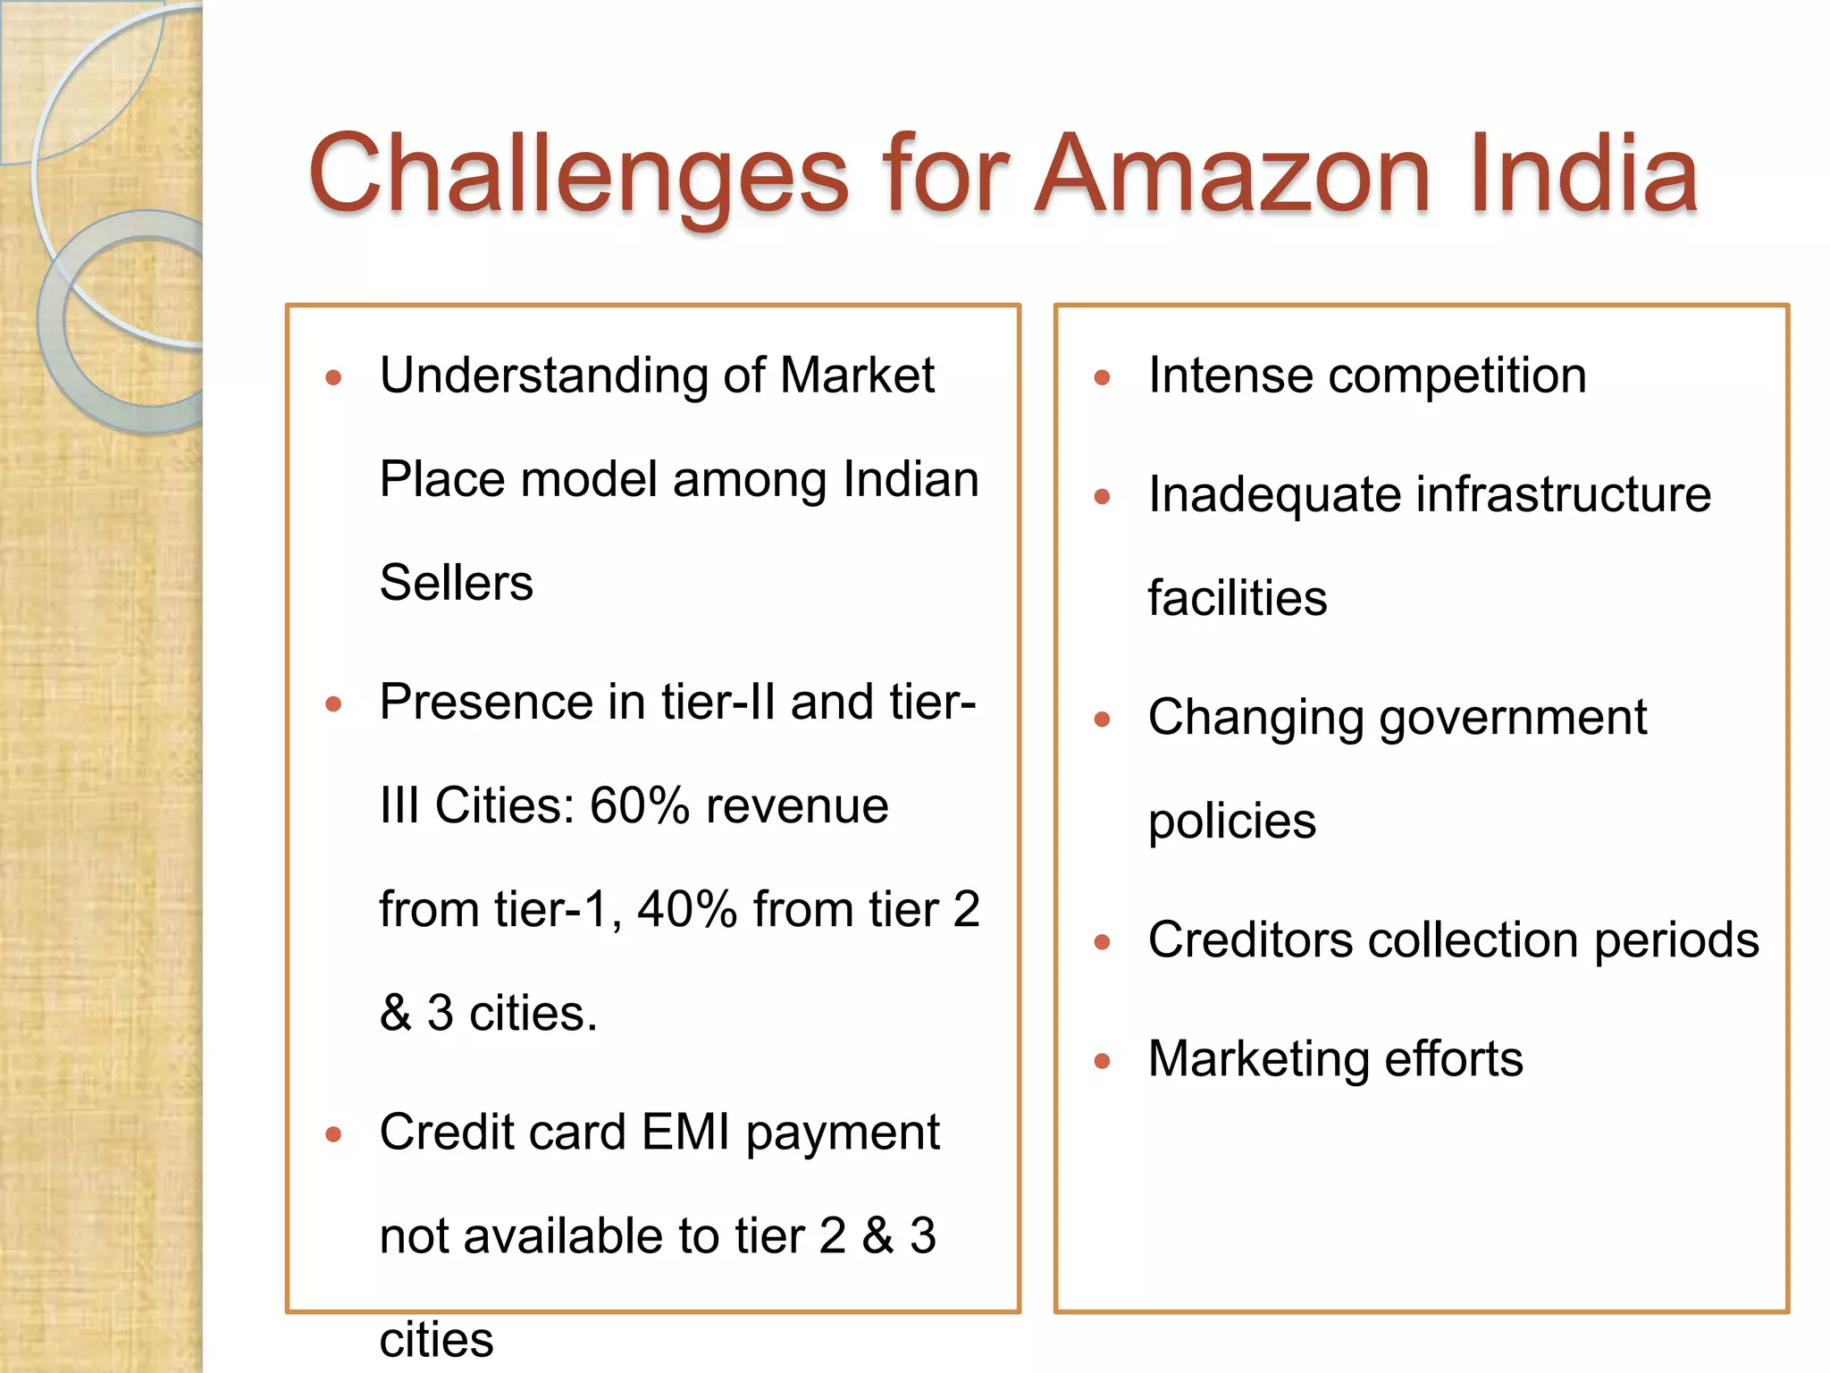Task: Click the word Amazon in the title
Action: click(1234, 174)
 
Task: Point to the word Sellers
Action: click(456, 583)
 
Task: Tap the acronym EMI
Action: click(685, 1133)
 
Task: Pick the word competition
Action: click(1457, 376)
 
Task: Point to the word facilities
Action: click(1238, 598)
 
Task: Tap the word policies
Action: click(1231, 821)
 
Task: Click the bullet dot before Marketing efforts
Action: click(1102, 1062)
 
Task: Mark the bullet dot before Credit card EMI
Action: click(333, 1135)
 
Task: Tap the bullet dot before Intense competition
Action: click(1102, 378)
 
